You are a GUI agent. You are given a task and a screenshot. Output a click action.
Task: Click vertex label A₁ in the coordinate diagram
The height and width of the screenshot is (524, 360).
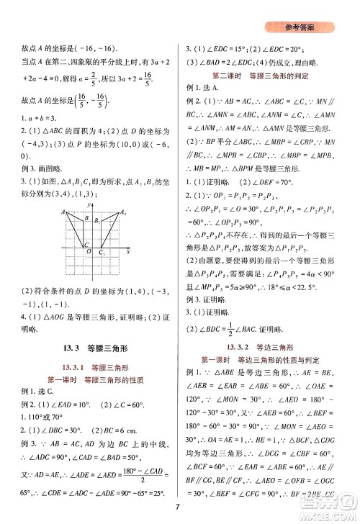tap(123, 212)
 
